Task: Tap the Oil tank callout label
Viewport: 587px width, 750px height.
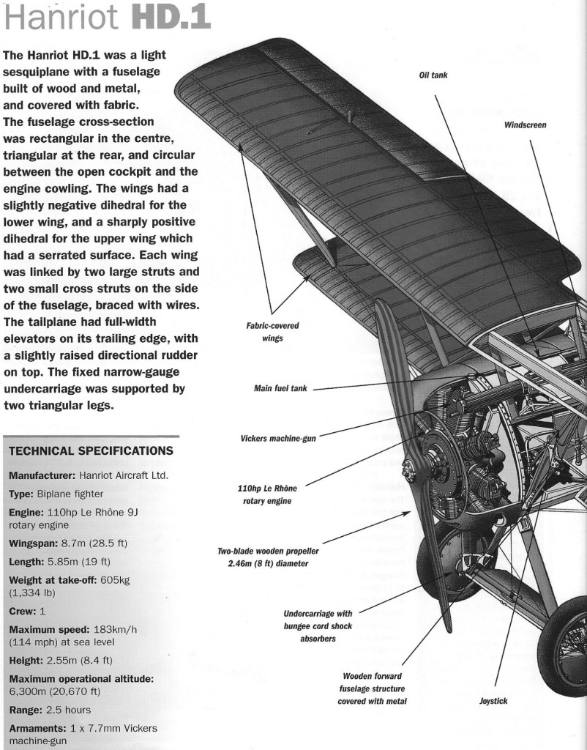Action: click(433, 75)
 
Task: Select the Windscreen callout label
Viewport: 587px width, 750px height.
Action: click(525, 125)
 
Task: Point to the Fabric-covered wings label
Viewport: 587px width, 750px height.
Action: click(272, 332)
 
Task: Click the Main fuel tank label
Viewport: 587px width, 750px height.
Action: click(280, 388)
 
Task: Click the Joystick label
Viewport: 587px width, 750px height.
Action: click(493, 701)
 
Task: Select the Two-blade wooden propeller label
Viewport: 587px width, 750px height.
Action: click(268, 557)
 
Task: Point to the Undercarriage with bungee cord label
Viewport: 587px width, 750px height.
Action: click(318, 625)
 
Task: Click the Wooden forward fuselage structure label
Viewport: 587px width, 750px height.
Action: click(372, 688)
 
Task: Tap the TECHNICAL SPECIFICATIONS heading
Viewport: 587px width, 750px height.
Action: click(91, 450)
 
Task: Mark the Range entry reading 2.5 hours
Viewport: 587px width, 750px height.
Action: click(50, 710)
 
